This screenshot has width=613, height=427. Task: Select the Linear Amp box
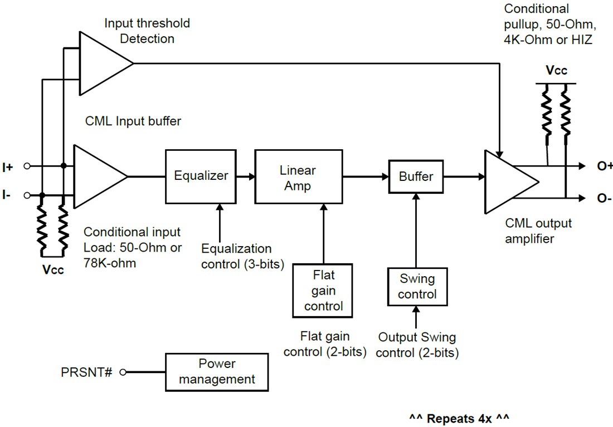298,177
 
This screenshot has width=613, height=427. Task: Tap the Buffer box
416,176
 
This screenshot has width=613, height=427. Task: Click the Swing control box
417,286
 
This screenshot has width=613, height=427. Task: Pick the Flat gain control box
323,290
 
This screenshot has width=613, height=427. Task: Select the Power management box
217,372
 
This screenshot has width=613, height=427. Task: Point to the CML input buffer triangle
98,176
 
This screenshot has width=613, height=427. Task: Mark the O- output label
604,198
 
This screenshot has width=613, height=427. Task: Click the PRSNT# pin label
86,372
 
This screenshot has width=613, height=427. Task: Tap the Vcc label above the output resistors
556,71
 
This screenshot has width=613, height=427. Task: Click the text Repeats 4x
459,418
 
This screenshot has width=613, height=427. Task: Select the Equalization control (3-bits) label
242,256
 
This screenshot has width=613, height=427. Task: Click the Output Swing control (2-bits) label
417,345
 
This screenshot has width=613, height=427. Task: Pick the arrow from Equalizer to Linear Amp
246,176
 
